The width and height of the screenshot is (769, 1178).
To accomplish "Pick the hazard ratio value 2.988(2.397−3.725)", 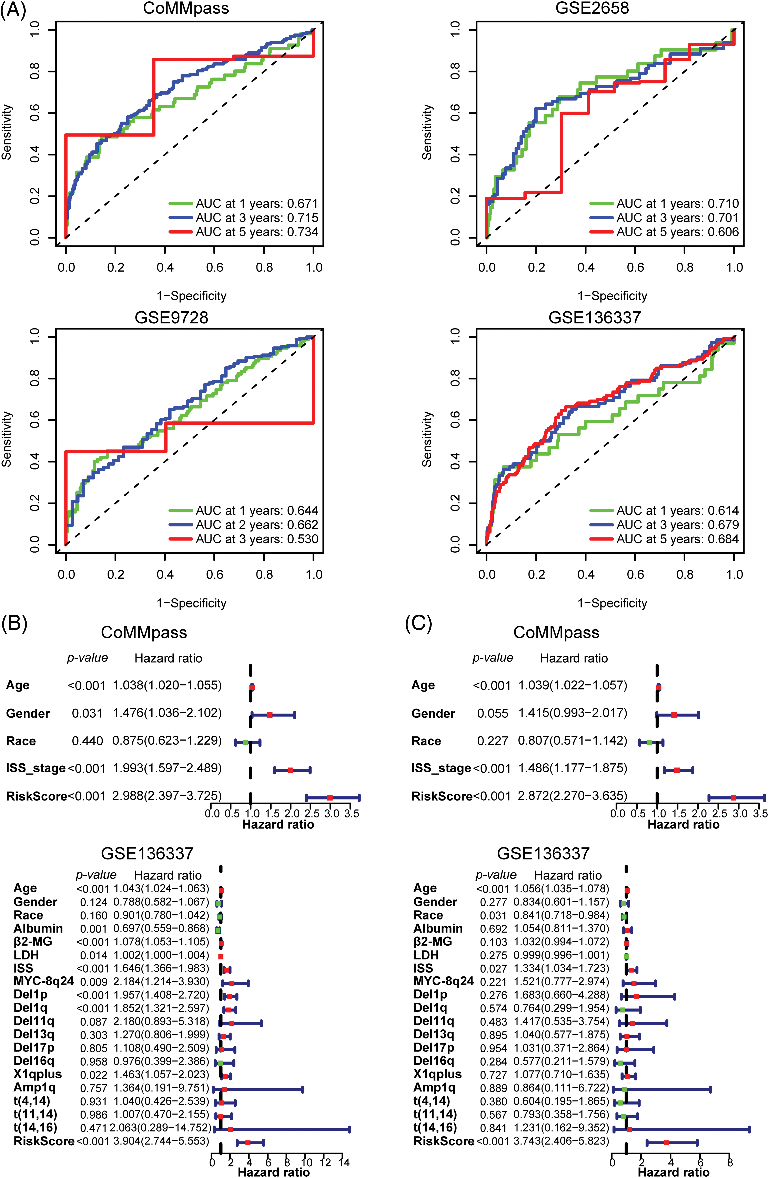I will pos(167,796).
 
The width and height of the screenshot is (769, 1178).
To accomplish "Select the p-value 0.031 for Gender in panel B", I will pos(87,713).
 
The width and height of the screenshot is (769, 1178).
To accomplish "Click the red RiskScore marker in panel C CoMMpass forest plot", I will pos(733,798).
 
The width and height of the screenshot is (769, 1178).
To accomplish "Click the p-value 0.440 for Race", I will pos(87,741).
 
